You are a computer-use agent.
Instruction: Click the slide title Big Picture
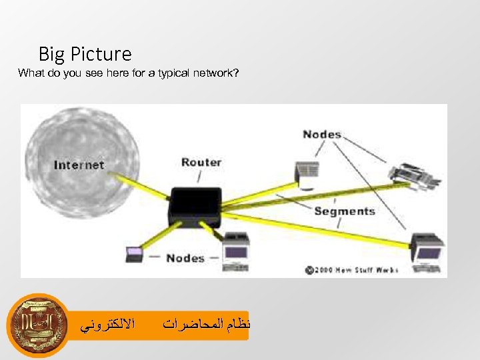(x=85, y=53)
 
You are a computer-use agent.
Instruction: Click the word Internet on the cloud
(x=79, y=165)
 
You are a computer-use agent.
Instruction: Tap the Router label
(x=201, y=162)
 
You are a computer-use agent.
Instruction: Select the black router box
(x=195, y=204)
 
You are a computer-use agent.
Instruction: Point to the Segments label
(x=344, y=211)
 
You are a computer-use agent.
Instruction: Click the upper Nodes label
(x=321, y=135)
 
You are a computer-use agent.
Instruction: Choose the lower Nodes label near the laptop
(x=185, y=258)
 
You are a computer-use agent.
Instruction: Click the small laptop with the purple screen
(x=134, y=255)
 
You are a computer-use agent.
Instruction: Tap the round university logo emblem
(x=37, y=325)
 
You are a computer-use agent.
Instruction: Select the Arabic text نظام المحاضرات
(x=205, y=325)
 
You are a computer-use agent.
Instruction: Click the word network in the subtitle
(x=213, y=73)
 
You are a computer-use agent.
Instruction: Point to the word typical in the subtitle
(x=174, y=73)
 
